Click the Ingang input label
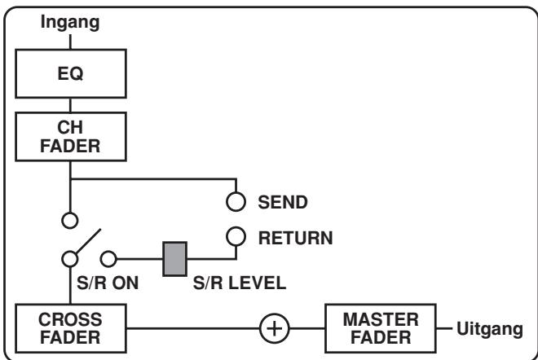coord(72,23)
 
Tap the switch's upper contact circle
coord(72,219)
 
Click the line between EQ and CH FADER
coord(72,105)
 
